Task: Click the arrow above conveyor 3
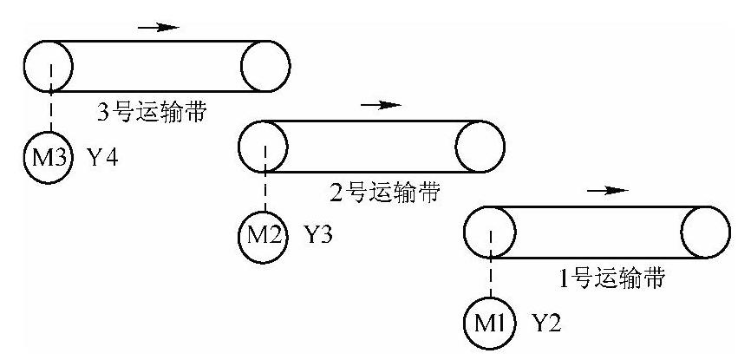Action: pos(158,27)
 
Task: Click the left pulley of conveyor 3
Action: pos(50,65)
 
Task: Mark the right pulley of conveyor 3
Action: pos(265,65)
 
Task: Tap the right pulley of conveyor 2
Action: pos(479,144)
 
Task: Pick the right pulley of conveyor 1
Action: pos(706,232)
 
